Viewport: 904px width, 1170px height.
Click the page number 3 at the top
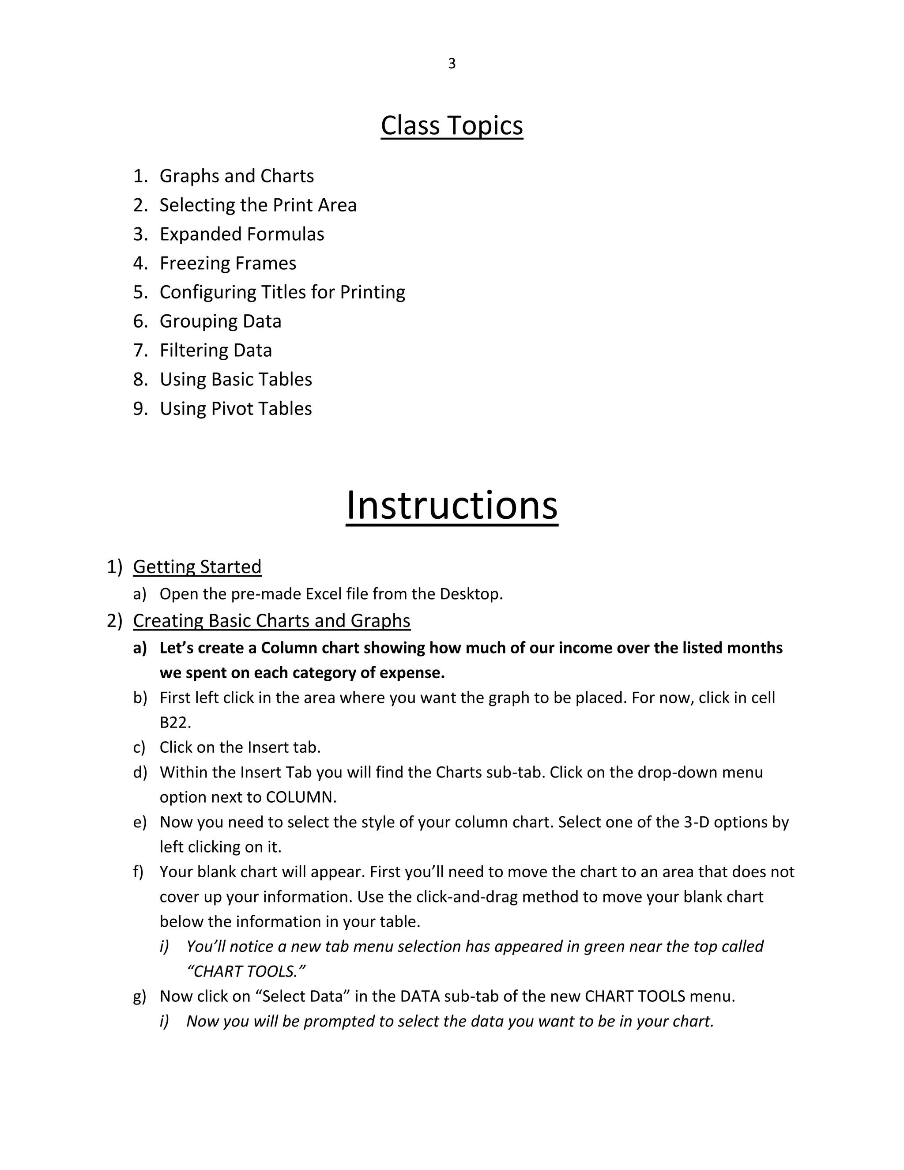[x=452, y=64]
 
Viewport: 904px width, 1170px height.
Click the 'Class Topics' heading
[x=452, y=125]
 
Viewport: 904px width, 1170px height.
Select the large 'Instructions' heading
[x=452, y=505]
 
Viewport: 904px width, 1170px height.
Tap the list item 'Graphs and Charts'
[x=236, y=176]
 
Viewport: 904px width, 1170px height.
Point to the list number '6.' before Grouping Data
[x=140, y=321]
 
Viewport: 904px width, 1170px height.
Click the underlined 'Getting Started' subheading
[x=197, y=566]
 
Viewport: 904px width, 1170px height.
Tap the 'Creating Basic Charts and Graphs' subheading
[x=271, y=620]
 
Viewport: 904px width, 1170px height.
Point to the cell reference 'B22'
[x=175, y=723]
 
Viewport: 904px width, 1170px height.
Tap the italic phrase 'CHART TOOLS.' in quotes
[x=246, y=971]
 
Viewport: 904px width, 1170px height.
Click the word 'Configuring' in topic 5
[x=208, y=292]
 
